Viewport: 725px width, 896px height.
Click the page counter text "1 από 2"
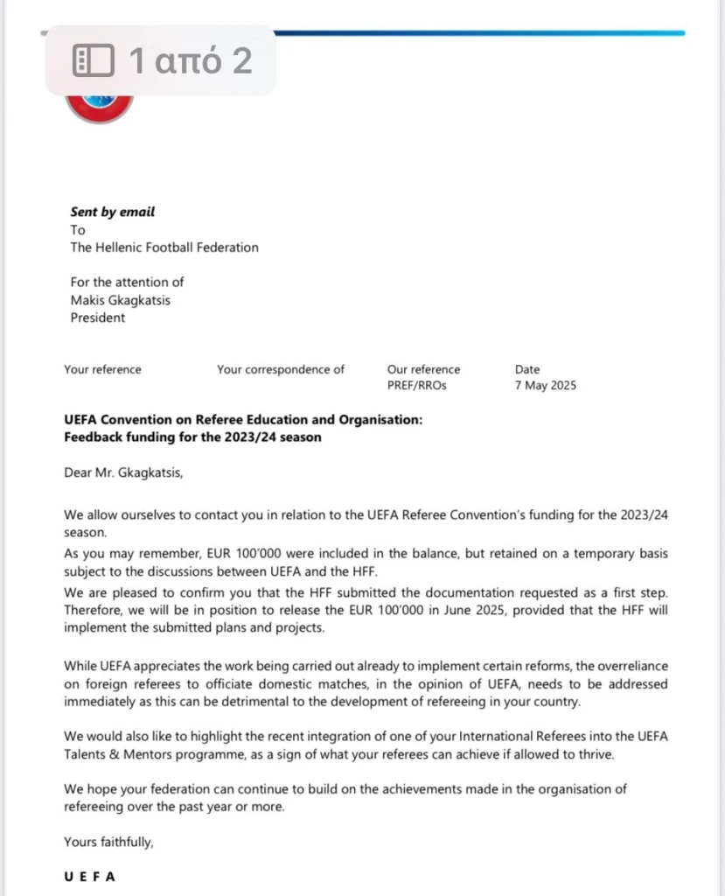[x=190, y=60]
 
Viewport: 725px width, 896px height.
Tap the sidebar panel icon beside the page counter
[x=93, y=60]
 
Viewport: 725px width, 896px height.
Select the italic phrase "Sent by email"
[x=112, y=212]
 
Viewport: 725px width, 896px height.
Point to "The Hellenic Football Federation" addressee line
[x=164, y=248]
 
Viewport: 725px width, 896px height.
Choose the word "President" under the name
[x=98, y=318]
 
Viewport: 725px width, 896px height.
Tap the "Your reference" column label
[x=102, y=369]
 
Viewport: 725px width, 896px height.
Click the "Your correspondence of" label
[x=281, y=369]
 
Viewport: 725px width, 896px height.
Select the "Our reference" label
[x=423, y=369]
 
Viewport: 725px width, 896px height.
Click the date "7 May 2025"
[x=546, y=386]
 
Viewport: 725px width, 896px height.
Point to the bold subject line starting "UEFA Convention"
[x=243, y=420]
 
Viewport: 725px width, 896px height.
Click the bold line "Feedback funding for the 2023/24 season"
[x=192, y=437]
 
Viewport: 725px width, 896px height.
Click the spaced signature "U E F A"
[x=90, y=877]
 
